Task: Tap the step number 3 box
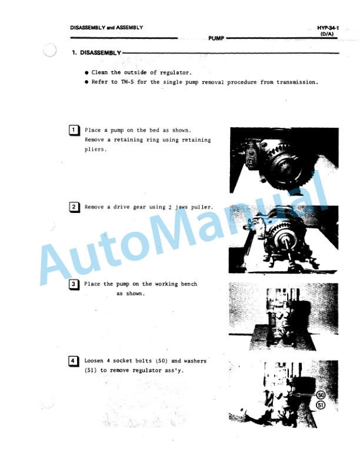(x=74, y=285)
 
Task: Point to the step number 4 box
(x=74, y=361)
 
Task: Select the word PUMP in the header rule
(x=216, y=38)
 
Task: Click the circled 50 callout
(x=321, y=395)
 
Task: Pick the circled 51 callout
(x=321, y=405)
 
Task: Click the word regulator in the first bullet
(x=174, y=72)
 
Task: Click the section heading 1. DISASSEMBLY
(x=96, y=53)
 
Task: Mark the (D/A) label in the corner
(x=328, y=34)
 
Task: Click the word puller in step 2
(x=200, y=207)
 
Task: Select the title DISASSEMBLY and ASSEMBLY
(x=106, y=28)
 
